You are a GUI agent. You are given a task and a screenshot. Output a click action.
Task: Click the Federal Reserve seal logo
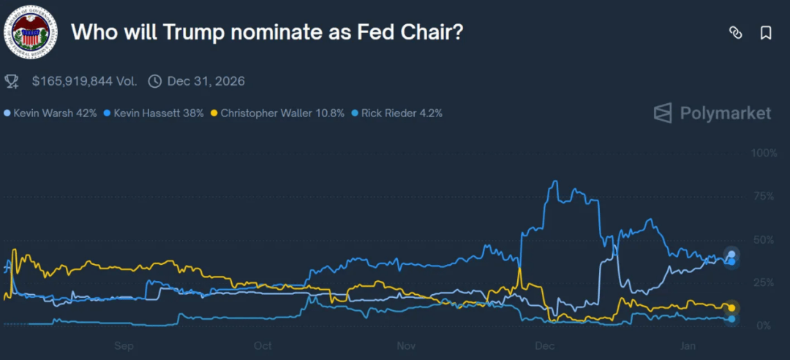30,31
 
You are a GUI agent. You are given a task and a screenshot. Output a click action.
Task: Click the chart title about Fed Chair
267,32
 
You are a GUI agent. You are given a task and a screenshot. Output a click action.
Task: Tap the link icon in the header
735,33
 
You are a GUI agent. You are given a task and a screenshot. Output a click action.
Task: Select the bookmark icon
766,33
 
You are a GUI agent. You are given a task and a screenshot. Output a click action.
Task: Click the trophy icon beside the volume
12,80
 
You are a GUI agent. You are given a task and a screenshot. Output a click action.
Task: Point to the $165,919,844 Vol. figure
84,81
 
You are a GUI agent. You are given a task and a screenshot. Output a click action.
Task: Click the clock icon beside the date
154,81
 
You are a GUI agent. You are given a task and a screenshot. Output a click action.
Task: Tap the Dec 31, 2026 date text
206,81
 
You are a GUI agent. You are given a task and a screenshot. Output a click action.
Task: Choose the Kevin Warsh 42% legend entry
50,113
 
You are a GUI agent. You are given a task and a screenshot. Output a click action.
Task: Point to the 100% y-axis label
764,153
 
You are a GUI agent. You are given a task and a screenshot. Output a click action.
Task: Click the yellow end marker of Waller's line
731,307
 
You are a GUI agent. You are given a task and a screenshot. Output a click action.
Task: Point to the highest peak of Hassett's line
556,181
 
